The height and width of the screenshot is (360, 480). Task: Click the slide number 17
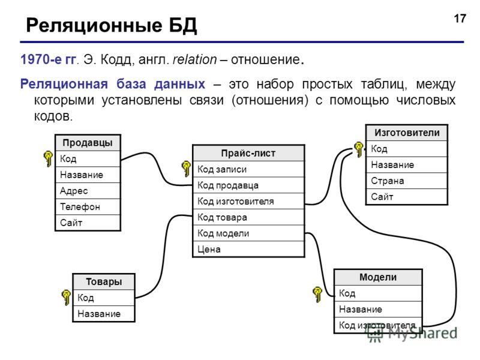(x=460, y=19)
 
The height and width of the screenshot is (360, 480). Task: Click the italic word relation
(x=194, y=59)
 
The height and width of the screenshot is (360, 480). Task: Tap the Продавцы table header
(x=88, y=143)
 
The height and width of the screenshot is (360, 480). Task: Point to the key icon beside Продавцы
(x=48, y=158)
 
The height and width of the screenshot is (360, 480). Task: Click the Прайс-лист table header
(x=248, y=153)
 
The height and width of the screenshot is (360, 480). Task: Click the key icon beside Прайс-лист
(x=186, y=169)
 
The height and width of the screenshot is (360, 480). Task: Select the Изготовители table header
(x=407, y=133)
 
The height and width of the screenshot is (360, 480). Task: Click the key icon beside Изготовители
(x=358, y=149)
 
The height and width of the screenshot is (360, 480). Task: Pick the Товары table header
(x=104, y=281)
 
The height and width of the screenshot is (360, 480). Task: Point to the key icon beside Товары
(x=66, y=297)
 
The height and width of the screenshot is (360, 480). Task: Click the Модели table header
(x=378, y=277)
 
